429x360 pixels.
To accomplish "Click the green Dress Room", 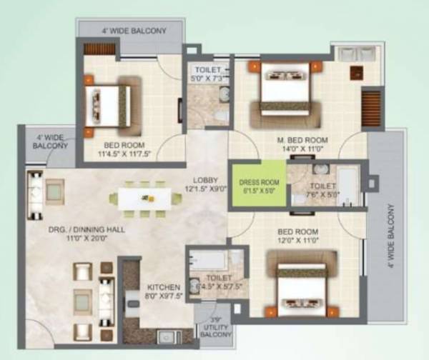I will click(x=257, y=185).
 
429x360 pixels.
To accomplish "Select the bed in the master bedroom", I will click(x=285, y=89).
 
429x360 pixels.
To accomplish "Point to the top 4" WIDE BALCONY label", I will click(x=133, y=31).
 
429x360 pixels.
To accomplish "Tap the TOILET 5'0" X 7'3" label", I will click(x=209, y=73).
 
